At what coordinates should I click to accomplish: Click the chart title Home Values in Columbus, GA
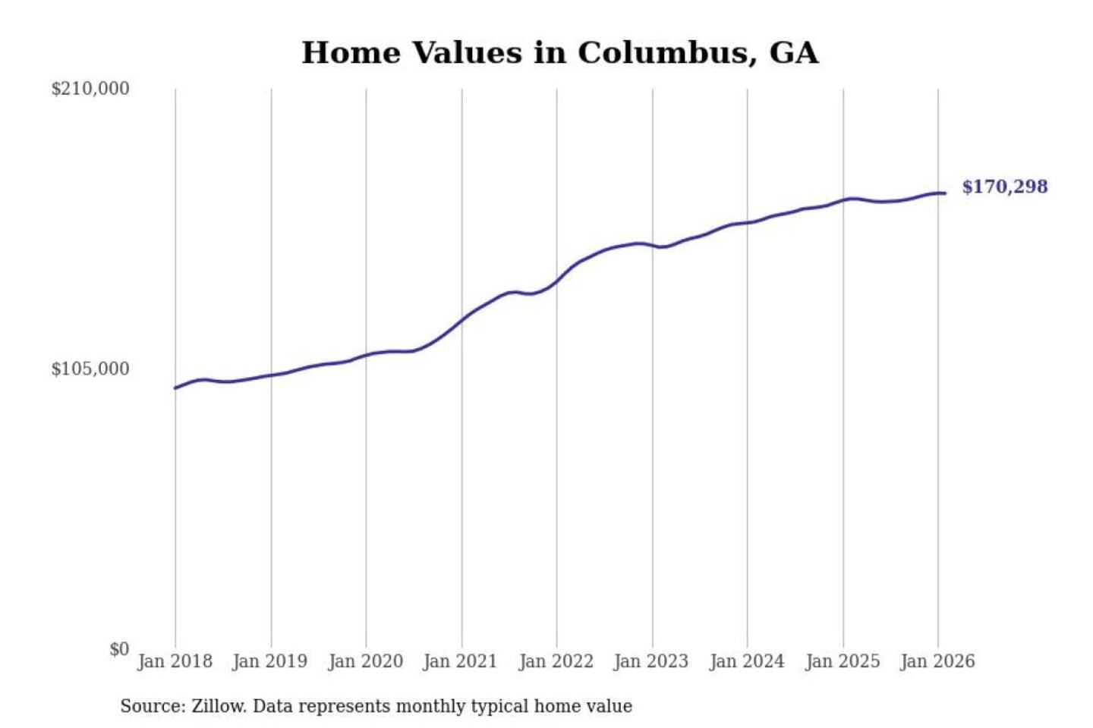point(560,53)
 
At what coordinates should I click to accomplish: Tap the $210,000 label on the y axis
point(90,89)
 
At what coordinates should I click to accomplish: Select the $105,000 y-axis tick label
point(90,369)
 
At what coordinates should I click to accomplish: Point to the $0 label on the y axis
point(119,649)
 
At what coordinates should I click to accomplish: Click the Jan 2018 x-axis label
point(175,661)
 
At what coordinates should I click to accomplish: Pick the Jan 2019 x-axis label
point(270,661)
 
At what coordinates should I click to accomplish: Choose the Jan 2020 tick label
point(365,661)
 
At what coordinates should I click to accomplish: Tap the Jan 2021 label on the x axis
point(460,661)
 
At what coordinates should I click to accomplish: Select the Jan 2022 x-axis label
point(556,661)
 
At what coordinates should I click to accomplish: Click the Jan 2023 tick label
point(651,661)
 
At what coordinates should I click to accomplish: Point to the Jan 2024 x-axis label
point(747,661)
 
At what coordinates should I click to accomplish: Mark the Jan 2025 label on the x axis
point(843,661)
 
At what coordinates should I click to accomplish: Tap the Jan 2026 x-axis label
point(937,661)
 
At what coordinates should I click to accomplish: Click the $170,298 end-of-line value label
point(1004,187)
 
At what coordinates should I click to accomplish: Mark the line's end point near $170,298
point(945,193)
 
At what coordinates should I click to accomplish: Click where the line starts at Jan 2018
point(175,388)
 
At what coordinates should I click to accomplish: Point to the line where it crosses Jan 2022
point(556,282)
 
